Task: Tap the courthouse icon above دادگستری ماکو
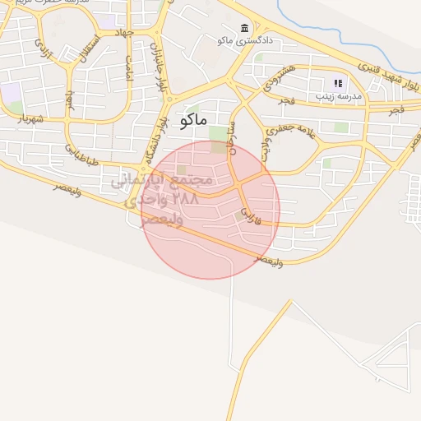coord(244,28)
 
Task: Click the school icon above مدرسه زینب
coord(337,83)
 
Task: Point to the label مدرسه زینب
coord(340,96)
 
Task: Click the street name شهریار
coord(24,119)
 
